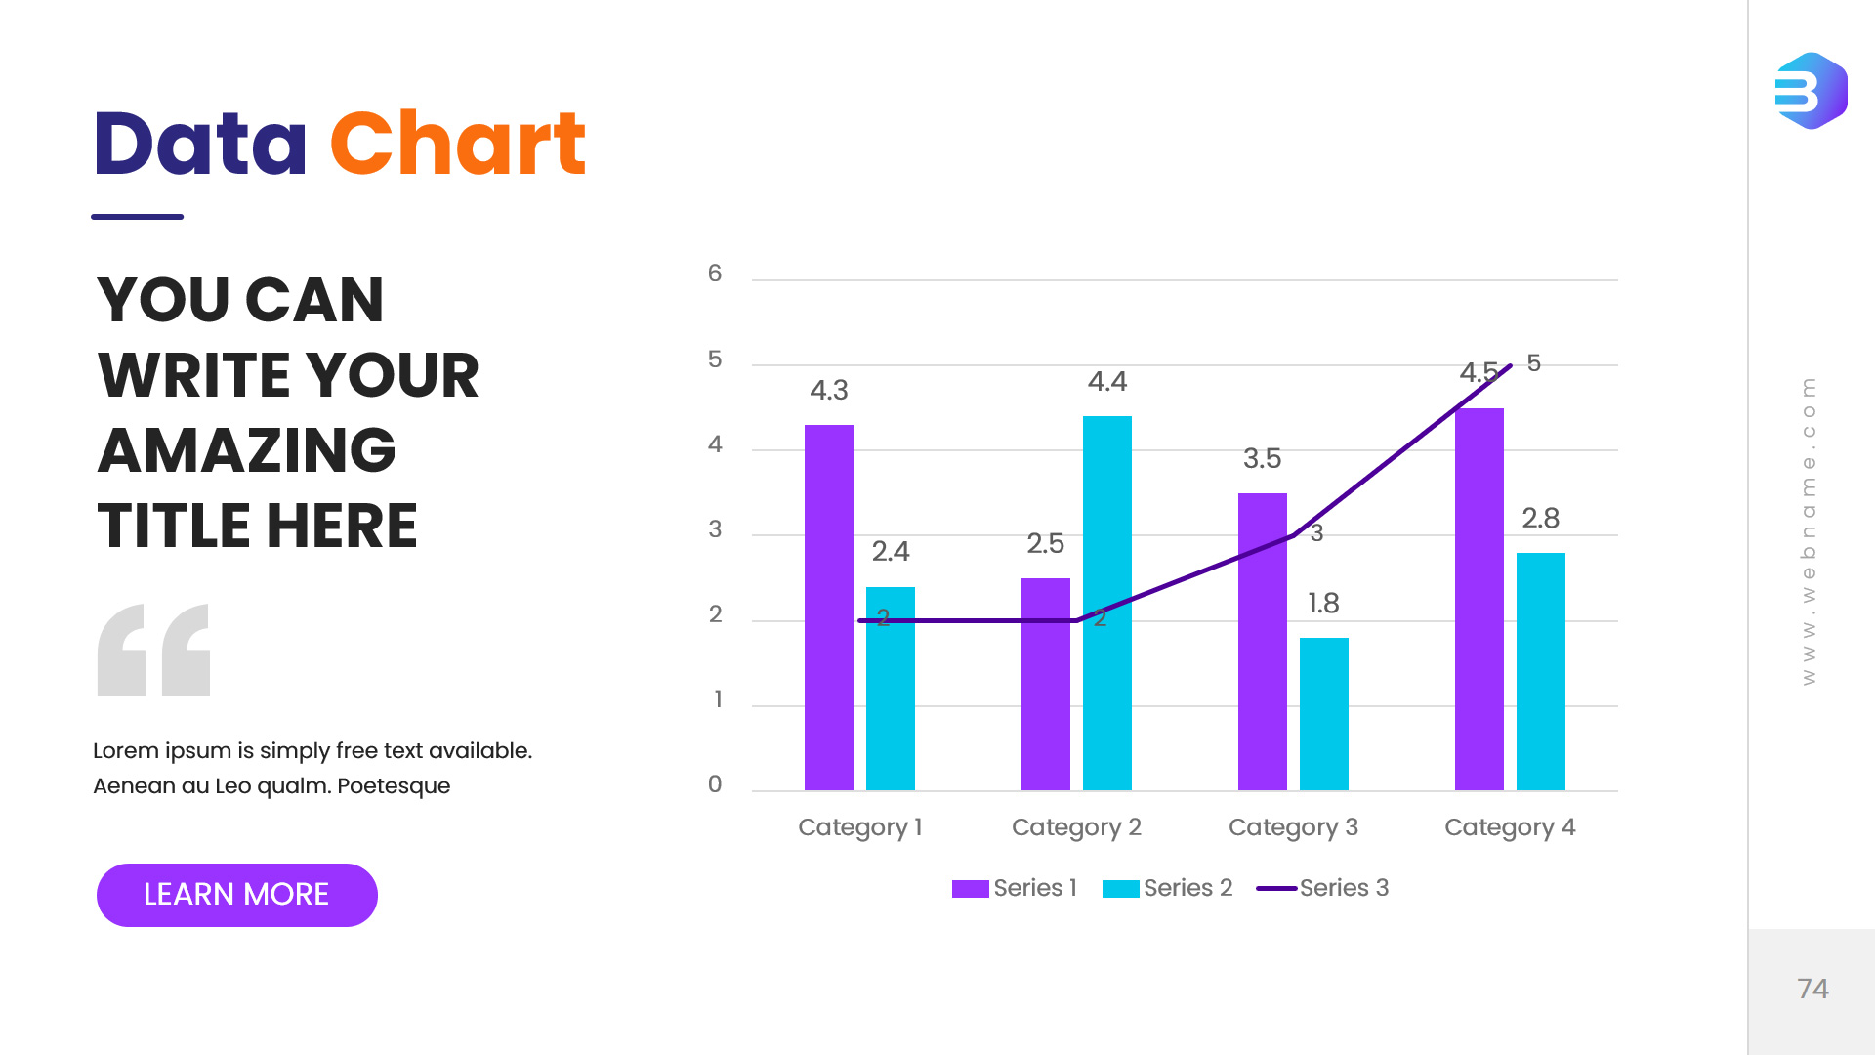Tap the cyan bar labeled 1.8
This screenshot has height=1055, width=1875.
[x=1323, y=713]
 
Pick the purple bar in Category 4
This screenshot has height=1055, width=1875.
[x=1479, y=598]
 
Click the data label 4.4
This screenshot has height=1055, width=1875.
[x=1106, y=382]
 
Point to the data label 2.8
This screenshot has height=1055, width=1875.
[x=1540, y=519]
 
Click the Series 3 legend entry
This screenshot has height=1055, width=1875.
[x=1323, y=888]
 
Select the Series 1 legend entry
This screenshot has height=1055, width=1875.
[x=1016, y=888]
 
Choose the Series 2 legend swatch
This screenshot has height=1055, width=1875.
[x=1120, y=888]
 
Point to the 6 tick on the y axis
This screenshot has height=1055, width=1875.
[x=715, y=274]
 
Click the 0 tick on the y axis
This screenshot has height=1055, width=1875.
[x=715, y=784]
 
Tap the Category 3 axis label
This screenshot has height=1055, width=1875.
[x=1293, y=827]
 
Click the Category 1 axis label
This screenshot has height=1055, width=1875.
[x=859, y=827]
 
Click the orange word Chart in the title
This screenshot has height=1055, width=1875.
[x=457, y=145]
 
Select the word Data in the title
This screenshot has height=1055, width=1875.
[x=200, y=145]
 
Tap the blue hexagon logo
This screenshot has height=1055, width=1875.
[x=1811, y=91]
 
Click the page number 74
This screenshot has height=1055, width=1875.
[x=1812, y=989]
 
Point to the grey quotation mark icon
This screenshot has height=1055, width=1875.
[x=153, y=650]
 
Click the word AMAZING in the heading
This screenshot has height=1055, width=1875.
[x=246, y=450]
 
